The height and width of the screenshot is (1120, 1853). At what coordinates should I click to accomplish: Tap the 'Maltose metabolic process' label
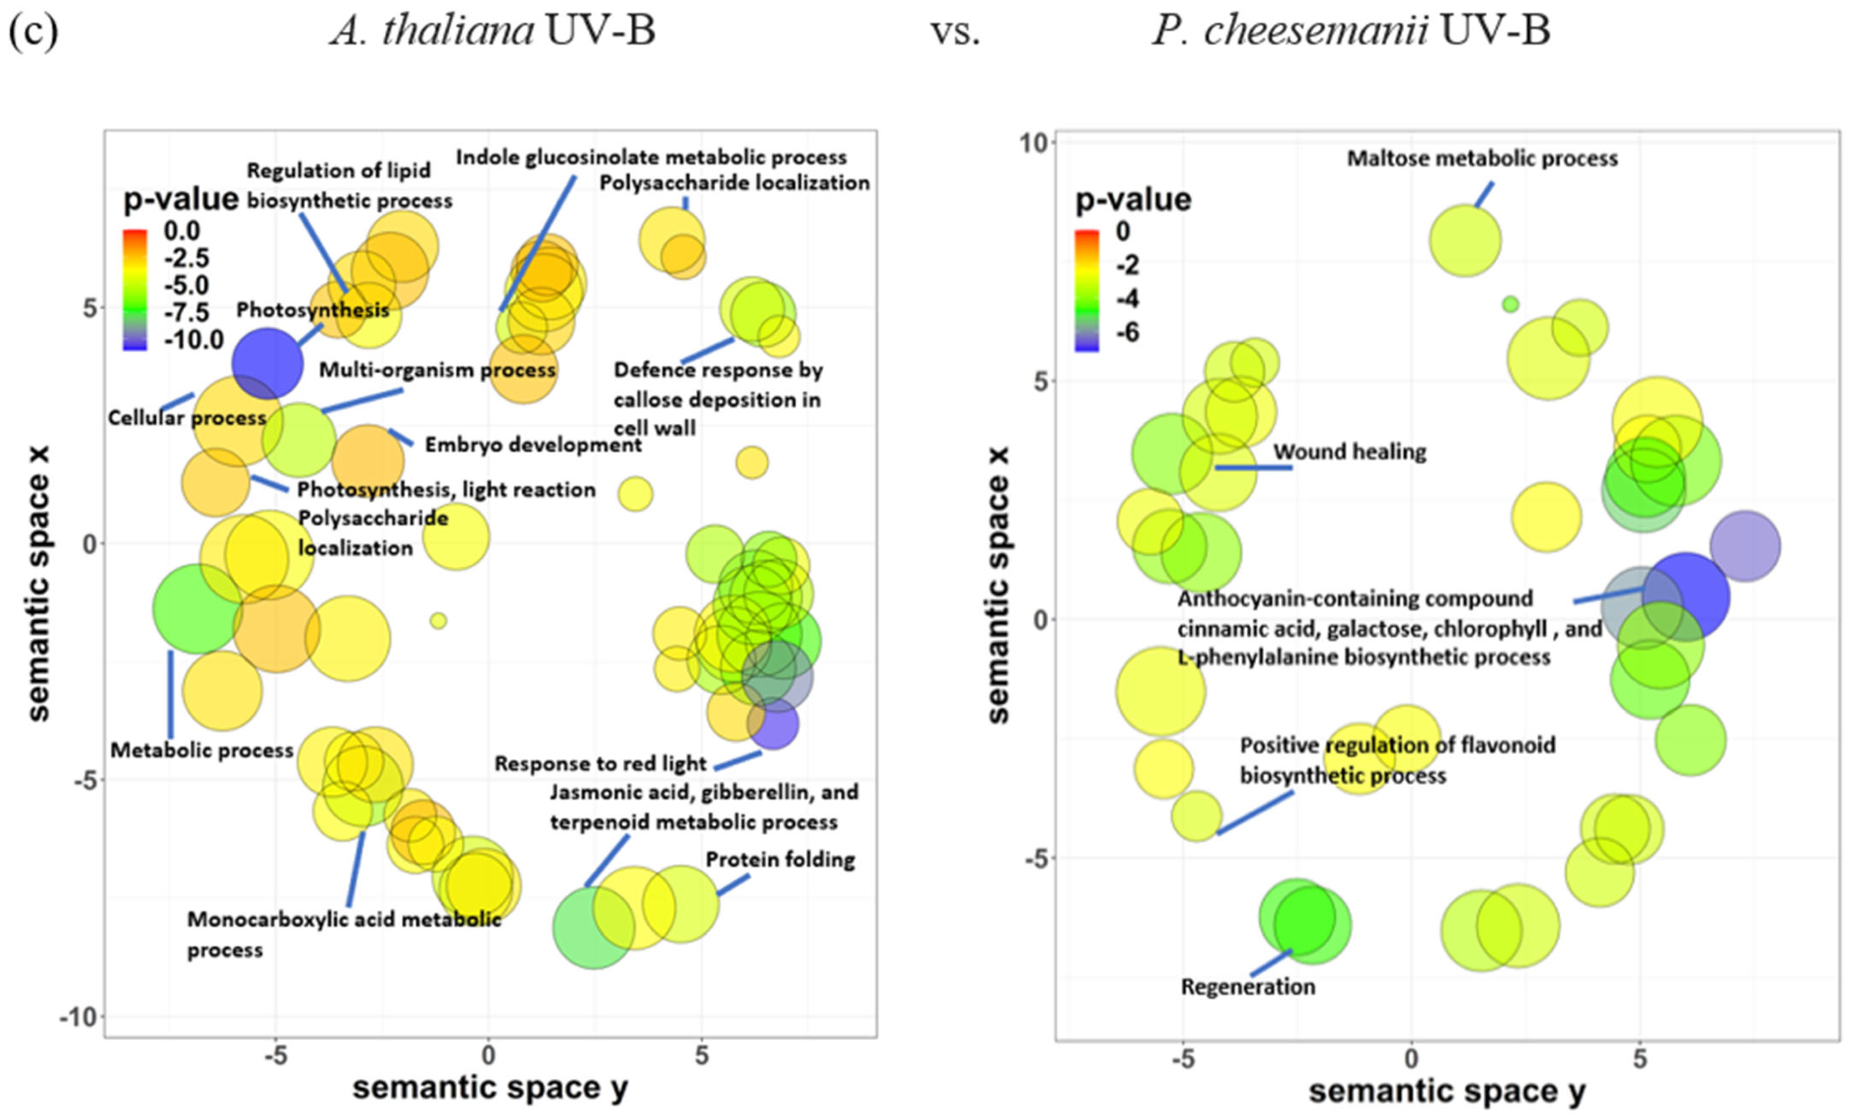pyautogui.click(x=1481, y=159)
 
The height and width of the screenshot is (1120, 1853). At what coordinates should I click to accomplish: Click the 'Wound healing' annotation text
pyautogui.click(x=1349, y=452)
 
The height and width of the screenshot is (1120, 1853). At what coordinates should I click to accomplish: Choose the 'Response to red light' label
pyautogui.click(x=600, y=763)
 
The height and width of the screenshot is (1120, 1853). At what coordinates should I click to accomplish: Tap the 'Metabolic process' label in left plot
pyautogui.click(x=202, y=750)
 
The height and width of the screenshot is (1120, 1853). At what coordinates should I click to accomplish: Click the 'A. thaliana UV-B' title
pyautogui.click(x=493, y=32)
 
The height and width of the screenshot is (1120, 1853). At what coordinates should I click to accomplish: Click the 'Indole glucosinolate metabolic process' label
pyautogui.click(x=651, y=157)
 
